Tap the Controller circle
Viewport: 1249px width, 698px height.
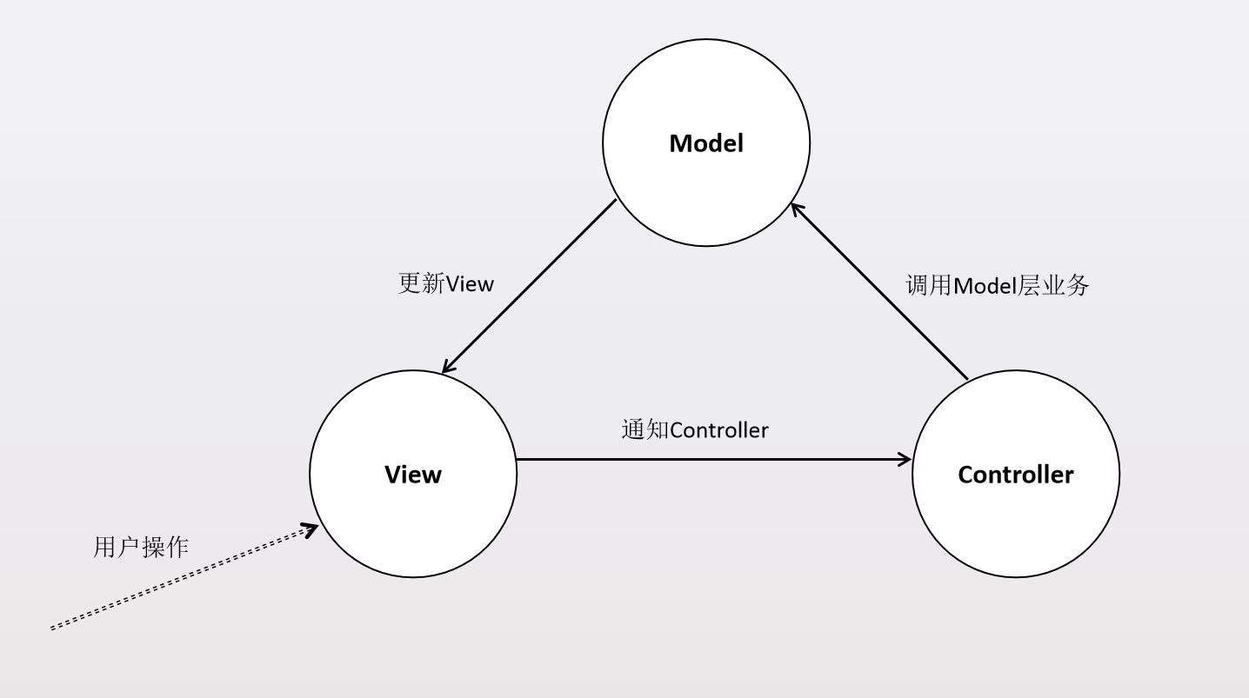point(1016,522)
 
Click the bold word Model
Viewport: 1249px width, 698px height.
point(706,143)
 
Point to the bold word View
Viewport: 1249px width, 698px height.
point(413,475)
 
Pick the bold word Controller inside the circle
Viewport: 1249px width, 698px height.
point(1016,475)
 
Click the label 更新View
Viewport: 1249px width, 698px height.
point(445,283)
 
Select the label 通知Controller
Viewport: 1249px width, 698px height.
point(695,429)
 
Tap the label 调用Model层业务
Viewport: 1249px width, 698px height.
point(997,285)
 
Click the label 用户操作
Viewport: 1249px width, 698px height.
point(141,547)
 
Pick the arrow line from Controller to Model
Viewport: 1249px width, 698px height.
point(878,290)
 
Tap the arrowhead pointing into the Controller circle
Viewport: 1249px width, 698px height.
point(905,460)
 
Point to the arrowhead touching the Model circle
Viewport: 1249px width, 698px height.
point(796,209)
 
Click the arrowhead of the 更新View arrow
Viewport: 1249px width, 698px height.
point(448,368)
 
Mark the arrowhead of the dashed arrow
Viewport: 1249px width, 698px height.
point(310,529)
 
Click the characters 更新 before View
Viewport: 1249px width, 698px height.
point(421,283)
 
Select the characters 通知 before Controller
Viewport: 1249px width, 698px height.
point(645,429)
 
